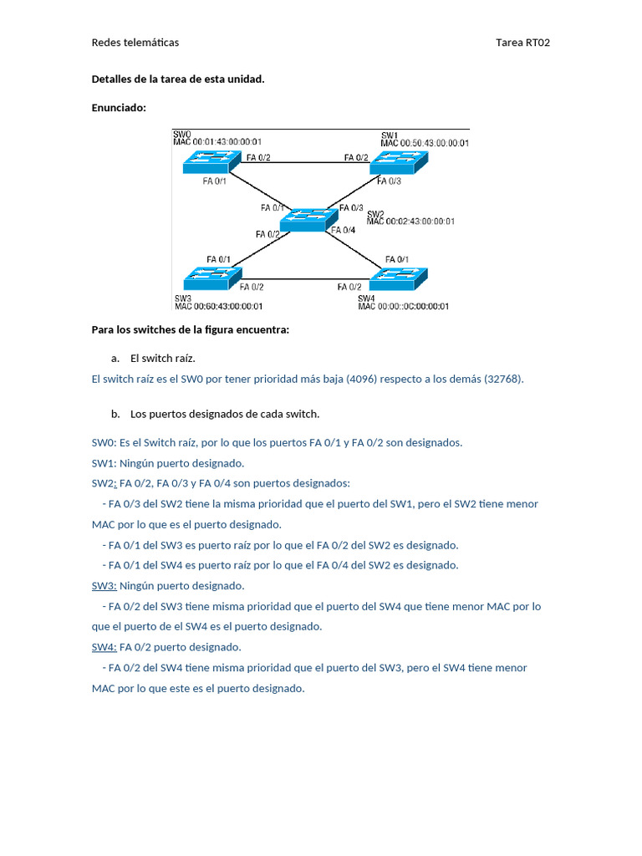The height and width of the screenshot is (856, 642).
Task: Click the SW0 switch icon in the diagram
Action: [209, 161]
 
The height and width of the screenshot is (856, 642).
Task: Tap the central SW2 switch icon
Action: [303, 219]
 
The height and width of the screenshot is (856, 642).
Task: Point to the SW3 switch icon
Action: [210, 278]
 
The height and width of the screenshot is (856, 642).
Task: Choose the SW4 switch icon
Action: [399, 278]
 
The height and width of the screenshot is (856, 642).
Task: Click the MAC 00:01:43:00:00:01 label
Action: [217, 142]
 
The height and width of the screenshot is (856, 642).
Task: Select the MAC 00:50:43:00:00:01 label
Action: [425, 143]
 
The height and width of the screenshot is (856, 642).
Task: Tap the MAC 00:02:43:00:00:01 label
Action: [410, 222]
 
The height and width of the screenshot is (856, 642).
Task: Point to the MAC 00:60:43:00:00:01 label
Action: [218, 307]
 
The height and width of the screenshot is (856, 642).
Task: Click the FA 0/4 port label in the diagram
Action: [344, 230]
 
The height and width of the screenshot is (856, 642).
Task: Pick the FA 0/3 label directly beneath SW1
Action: [388, 181]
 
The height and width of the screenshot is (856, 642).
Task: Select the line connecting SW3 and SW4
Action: [304, 280]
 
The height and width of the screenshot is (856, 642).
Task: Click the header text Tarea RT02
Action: [522, 43]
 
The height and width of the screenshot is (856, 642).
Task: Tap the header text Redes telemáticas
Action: [135, 43]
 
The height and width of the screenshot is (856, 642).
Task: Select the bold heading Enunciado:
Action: [119, 107]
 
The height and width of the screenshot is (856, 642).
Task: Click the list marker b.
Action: [115, 414]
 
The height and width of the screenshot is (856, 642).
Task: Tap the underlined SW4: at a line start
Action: [104, 647]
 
